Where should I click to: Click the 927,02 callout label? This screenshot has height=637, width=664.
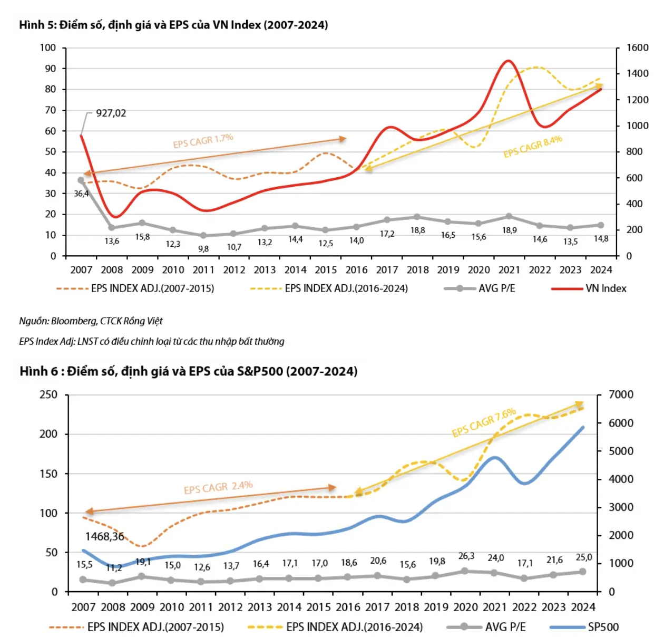coord(111,113)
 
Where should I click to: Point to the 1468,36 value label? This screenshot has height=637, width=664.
coord(104,537)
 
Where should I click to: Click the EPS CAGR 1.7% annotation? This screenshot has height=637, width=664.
coord(203,141)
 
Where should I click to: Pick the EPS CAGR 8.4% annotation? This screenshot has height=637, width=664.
coord(533,147)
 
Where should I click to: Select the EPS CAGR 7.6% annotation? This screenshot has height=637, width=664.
coord(484,423)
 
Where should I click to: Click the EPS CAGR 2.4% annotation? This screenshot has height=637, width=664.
coord(218,487)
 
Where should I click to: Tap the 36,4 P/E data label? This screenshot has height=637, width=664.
coord(81,194)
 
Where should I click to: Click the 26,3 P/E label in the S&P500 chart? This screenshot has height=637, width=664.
coord(466,556)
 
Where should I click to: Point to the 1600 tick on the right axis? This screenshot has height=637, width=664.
coord(637,48)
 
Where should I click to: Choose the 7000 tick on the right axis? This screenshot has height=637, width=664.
coord(621,395)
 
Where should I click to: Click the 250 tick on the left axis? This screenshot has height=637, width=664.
coord(48,395)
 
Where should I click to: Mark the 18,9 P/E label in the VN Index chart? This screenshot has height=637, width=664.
coord(509,230)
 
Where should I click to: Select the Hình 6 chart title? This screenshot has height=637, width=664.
coord(188,371)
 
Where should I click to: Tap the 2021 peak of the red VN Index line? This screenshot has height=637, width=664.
coord(508,61)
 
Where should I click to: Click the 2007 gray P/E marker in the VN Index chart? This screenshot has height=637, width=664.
coord(81,180)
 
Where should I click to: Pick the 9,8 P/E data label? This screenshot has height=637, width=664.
coord(203,248)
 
